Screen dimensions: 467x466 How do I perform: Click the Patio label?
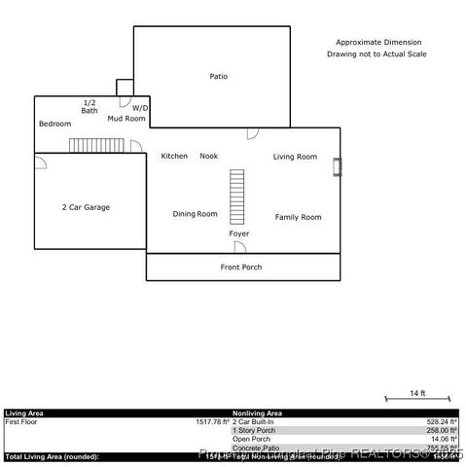[x=219, y=76]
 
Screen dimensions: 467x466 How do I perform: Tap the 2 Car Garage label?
[x=86, y=207]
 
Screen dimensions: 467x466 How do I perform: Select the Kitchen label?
[x=174, y=156]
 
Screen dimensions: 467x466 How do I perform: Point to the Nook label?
[x=208, y=156]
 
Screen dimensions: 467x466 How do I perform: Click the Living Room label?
[x=295, y=157]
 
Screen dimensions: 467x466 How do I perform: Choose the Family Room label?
[x=298, y=217]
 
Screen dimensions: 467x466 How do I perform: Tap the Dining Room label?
[x=195, y=214]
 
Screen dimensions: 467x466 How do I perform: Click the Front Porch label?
[x=240, y=267]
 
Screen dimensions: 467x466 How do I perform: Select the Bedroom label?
[x=54, y=125]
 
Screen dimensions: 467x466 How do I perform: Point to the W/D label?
[x=140, y=108]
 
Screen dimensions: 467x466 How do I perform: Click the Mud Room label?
[x=125, y=119]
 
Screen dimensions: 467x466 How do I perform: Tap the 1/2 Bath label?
[x=90, y=107]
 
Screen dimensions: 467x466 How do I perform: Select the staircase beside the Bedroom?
[x=98, y=145]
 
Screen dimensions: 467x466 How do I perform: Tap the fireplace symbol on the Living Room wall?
[x=337, y=168]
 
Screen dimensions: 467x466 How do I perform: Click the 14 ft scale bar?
[x=417, y=399]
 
